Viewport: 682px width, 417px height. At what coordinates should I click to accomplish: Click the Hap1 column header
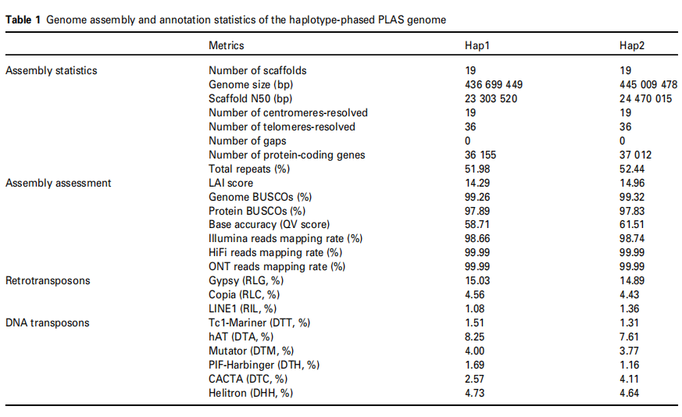[477, 46]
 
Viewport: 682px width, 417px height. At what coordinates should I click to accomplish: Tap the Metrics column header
[226, 46]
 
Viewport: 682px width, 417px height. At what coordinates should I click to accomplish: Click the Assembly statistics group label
[52, 71]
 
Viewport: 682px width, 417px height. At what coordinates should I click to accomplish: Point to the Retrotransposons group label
[46, 281]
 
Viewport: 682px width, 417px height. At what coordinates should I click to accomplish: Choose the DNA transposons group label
[47, 323]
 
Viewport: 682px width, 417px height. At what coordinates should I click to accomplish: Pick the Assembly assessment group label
[58, 183]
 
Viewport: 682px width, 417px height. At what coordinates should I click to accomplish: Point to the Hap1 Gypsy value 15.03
[477, 281]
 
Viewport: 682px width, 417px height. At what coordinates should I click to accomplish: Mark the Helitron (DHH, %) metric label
[251, 394]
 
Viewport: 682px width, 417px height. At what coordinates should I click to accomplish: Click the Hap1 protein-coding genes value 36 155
[480, 155]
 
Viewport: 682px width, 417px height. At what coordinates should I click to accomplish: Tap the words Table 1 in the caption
[23, 20]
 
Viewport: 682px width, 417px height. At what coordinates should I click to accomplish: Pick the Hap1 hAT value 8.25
[475, 337]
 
